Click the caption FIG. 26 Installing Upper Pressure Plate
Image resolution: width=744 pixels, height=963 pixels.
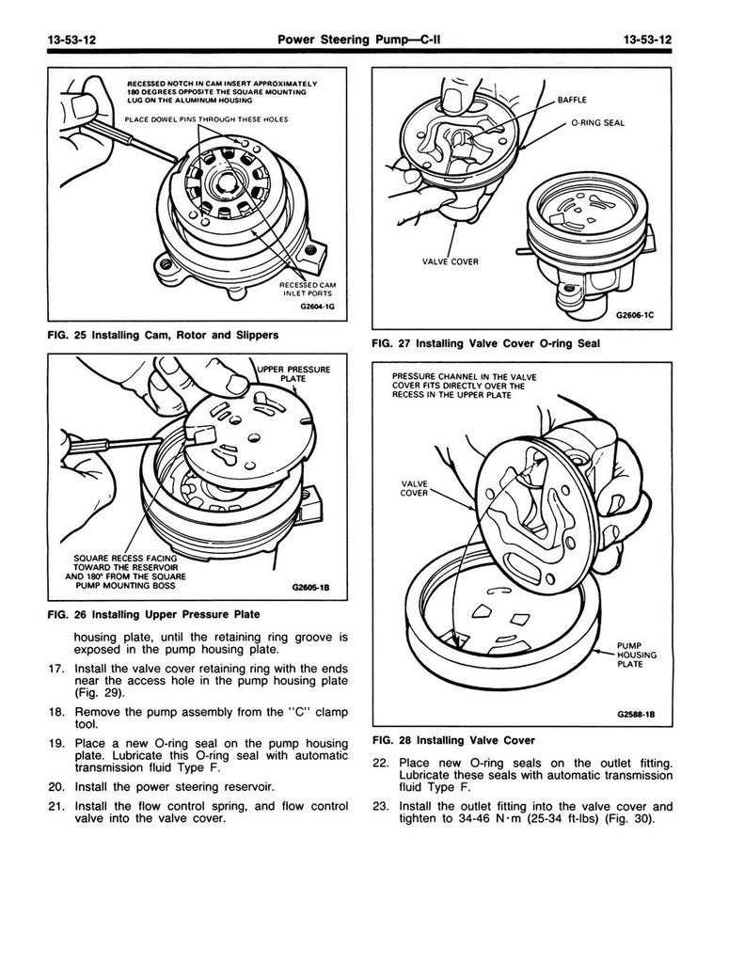pyautogui.click(x=153, y=615)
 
